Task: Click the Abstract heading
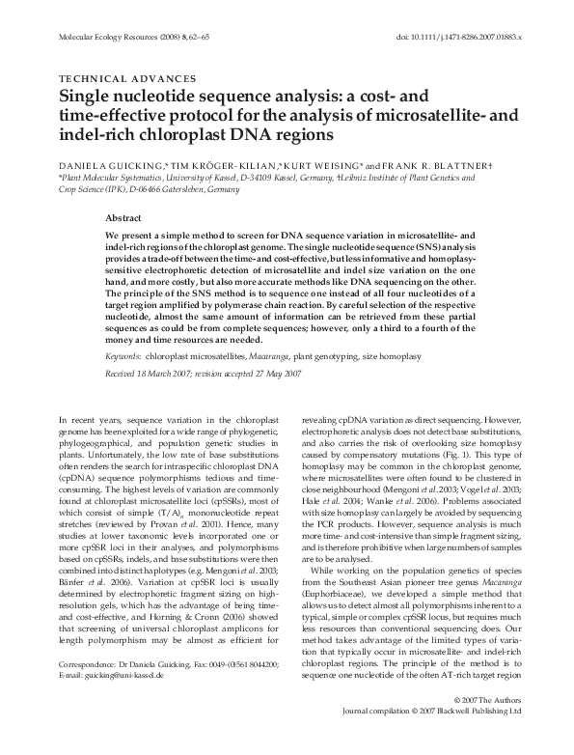[150, 219]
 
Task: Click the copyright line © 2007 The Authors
[486, 724]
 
